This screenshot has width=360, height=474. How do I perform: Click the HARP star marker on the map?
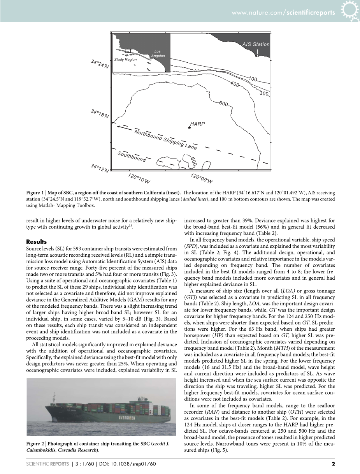(190, 128)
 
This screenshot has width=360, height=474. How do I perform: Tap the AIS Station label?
(256, 44)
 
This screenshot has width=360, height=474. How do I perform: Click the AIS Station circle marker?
(257, 56)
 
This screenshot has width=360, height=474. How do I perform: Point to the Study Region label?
(125, 60)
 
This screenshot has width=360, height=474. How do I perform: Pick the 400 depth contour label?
(235, 84)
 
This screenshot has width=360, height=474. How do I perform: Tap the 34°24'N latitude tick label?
(100, 64)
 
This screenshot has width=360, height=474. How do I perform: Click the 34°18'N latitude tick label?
(100, 113)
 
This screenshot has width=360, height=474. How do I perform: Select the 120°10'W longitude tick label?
(139, 178)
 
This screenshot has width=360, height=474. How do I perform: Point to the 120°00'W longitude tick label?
(201, 178)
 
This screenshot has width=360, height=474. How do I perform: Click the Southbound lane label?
(132, 157)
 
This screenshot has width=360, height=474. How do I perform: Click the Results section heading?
(36, 241)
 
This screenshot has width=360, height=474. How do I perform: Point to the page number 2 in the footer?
(333, 463)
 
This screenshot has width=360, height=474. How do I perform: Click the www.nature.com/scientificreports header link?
(283, 12)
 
